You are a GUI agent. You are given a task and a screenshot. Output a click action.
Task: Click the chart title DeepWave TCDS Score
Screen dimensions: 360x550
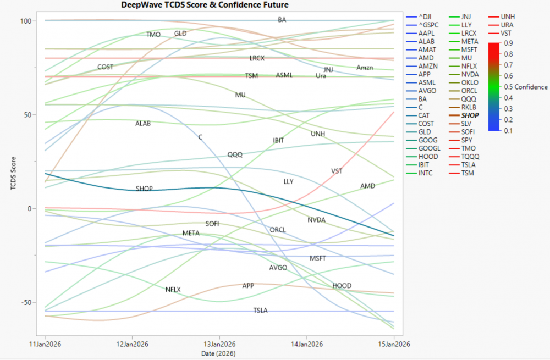coord(205,5)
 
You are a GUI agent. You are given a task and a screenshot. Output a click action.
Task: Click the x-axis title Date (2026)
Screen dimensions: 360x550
coord(219,353)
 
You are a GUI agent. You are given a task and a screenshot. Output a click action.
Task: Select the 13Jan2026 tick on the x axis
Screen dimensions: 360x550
coord(219,345)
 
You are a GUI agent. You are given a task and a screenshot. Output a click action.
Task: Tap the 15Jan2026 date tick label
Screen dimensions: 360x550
coord(394,345)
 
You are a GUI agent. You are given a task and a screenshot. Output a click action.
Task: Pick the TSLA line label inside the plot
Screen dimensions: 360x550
coord(260,311)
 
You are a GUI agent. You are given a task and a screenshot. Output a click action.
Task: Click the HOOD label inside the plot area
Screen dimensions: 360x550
coord(342,286)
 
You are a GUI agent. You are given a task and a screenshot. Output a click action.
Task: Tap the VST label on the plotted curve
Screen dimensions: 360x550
coord(337,171)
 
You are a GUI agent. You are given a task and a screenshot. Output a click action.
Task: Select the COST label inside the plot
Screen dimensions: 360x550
coord(105,67)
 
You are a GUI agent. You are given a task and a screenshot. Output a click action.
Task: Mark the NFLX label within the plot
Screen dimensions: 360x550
coord(173,290)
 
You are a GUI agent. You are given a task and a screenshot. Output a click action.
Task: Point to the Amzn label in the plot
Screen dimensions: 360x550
coord(365,68)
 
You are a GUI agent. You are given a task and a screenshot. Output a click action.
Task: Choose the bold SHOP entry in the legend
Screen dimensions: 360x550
coord(470,115)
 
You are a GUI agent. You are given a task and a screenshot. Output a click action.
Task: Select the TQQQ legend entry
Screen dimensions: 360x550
coord(471,157)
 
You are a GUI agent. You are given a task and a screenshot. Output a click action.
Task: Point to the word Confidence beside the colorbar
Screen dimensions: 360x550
coord(531,87)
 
